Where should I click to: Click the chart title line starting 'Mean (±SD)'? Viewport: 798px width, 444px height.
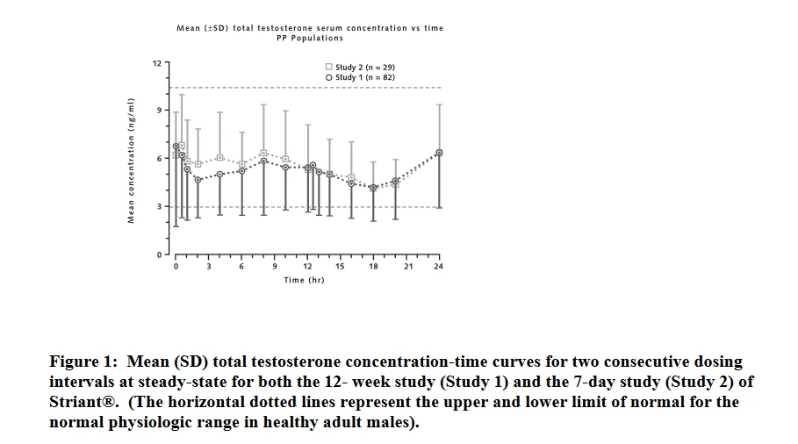pos(310,28)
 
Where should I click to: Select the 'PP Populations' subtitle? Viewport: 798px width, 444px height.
pos(310,39)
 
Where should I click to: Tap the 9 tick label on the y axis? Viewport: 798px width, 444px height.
pos(160,111)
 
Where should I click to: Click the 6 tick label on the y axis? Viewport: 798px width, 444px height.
pos(160,159)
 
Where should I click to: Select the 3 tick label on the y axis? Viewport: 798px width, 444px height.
pos(160,207)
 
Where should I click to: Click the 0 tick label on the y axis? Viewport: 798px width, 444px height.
pos(160,254)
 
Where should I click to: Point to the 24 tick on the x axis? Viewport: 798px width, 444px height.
pos(438,267)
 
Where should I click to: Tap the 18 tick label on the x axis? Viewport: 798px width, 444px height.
pos(373,267)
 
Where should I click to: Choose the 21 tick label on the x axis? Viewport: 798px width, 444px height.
pos(408,267)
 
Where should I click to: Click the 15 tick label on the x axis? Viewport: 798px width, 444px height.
pos(340,267)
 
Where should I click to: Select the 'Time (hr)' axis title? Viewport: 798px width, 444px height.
pos(304,280)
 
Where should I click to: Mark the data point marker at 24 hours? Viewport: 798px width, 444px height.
pos(439,153)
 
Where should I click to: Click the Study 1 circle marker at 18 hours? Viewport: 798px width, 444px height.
pos(373,188)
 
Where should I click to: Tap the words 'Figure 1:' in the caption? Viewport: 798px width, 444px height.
pos(84,362)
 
